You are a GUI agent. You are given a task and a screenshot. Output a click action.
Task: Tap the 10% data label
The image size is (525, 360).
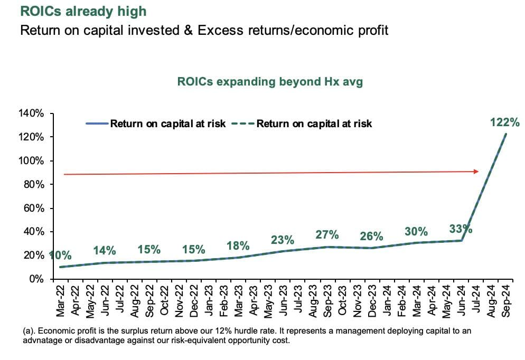(60, 255)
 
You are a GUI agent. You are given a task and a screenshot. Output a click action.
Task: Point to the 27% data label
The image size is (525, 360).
(327, 234)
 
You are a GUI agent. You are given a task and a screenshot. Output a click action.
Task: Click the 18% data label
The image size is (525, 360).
(238, 245)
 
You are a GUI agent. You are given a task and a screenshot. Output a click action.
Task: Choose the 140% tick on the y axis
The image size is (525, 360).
(33, 113)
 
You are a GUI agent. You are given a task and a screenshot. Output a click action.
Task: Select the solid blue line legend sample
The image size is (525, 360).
(97, 124)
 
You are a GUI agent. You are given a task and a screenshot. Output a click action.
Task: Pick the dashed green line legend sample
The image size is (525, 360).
(243, 124)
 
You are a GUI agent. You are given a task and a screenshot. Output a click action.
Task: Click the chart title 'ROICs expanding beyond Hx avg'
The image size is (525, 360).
(270, 82)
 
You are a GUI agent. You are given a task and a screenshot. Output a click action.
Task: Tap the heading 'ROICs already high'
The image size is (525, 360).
(83, 11)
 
